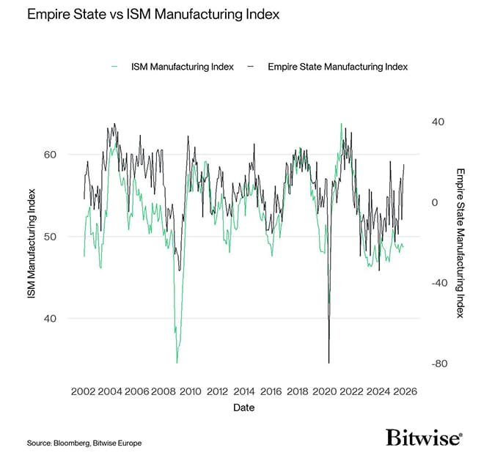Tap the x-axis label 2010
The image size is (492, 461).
[x=191, y=391]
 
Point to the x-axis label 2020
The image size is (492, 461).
[x=324, y=391]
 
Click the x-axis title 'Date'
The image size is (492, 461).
[x=244, y=407]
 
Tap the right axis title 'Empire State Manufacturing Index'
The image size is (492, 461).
[x=460, y=243]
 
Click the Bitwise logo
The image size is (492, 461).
[x=424, y=438]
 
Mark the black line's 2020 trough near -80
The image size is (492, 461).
[x=329, y=362]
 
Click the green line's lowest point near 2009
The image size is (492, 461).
[x=177, y=362]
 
